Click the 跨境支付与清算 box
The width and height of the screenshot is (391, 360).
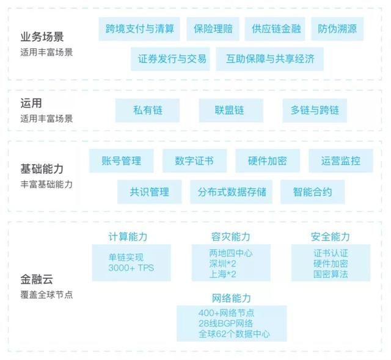click(x=139, y=29)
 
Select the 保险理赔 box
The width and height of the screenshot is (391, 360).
click(x=213, y=29)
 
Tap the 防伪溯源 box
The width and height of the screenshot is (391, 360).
click(x=337, y=29)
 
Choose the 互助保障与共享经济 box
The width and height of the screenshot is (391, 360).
click(x=270, y=59)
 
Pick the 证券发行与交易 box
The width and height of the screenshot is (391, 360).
click(x=170, y=59)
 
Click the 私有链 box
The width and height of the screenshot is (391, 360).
click(x=147, y=110)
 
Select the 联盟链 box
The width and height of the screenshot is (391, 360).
click(x=231, y=110)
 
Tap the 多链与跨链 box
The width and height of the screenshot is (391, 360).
click(x=315, y=110)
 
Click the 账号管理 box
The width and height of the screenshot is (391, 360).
click(x=122, y=161)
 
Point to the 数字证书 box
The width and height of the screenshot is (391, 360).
click(x=194, y=161)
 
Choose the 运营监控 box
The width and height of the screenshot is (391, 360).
click(x=341, y=161)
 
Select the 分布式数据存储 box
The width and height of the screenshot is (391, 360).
click(x=232, y=192)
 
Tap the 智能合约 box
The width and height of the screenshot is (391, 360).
click(x=313, y=192)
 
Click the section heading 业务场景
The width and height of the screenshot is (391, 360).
click(x=42, y=37)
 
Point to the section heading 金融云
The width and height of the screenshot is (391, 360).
click(x=37, y=279)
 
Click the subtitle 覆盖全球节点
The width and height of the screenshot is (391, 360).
click(x=46, y=295)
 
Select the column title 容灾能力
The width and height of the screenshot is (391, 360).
click(x=231, y=237)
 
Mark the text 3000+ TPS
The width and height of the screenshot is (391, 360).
click(x=131, y=268)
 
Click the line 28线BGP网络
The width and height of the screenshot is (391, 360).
click(x=225, y=323)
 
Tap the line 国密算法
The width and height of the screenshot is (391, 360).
click(x=331, y=274)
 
